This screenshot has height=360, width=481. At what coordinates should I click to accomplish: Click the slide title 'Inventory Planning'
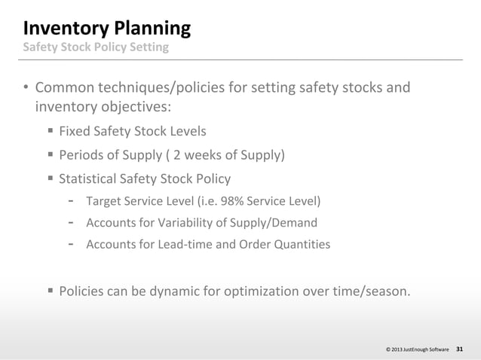[106, 29]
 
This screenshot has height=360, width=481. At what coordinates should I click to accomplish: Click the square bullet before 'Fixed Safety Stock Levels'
[50, 130]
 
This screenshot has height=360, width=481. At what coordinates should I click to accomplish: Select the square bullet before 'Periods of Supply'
[50, 155]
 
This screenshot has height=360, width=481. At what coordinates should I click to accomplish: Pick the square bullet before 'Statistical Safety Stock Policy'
[50, 179]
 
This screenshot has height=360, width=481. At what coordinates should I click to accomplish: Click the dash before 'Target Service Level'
[70, 201]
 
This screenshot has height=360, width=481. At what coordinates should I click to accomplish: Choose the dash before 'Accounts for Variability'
[70, 223]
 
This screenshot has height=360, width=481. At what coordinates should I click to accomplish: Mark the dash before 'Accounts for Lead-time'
[70, 245]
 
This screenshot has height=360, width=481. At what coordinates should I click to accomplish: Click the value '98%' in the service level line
[245, 201]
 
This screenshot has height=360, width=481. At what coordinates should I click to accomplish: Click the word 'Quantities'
[302, 245]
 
